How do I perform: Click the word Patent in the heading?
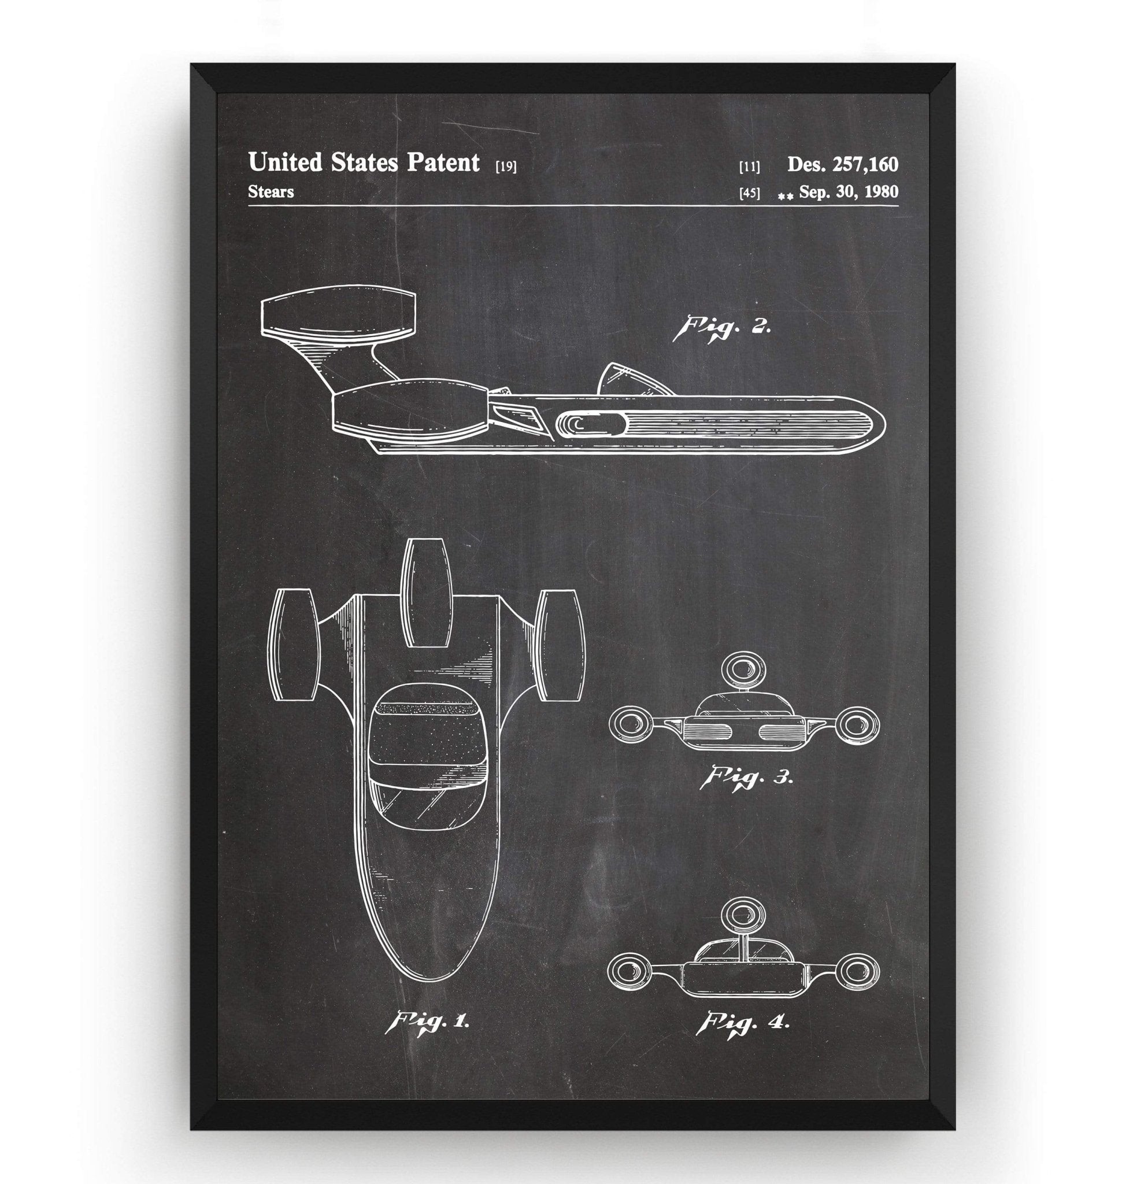click(443, 162)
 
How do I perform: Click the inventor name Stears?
click(271, 192)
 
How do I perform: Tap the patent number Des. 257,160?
click(842, 164)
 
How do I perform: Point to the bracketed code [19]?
click(506, 167)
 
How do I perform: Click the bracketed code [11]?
click(749, 167)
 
